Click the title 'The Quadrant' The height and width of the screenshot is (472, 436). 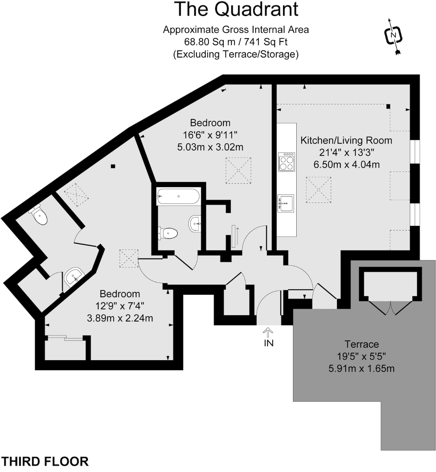click(x=236, y=10)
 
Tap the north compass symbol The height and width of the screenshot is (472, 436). click(x=393, y=35)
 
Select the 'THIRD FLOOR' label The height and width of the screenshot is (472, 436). click(x=45, y=461)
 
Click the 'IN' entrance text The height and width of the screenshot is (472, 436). click(x=268, y=343)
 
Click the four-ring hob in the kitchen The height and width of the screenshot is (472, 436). click(x=287, y=162)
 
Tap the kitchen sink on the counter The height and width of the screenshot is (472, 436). click(x=286, y=203)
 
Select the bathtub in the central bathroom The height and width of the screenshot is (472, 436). click(x=178, y=196)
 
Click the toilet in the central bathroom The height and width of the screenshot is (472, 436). click(x=168, y=234)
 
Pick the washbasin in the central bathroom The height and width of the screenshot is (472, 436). click(x=195, y=224)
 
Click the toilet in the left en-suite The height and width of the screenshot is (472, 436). click(x=39, y=215)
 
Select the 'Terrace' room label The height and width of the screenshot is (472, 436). click(x=361, y=344)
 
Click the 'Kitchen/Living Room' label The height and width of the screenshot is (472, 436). click(x=346, y=140)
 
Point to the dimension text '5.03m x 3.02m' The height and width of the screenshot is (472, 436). click(x=210, y=147)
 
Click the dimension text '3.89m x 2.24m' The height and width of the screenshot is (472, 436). click(x=120, y=318)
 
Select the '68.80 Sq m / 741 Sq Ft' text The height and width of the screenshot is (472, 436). click(x=236, y=42)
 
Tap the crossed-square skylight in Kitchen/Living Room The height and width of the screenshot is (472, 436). click(x=318, y=190)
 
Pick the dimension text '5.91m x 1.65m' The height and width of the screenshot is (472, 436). click(x=361, y=368)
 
